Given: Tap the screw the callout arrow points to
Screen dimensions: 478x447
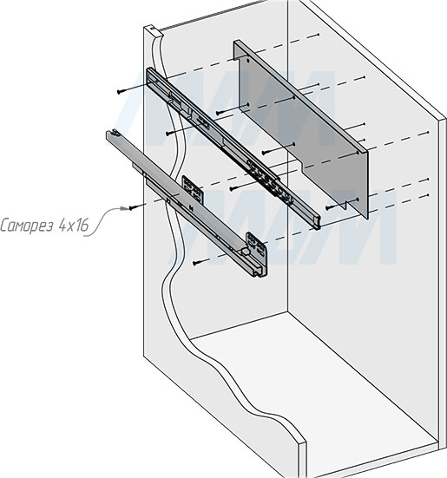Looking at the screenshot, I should tap(132, 207).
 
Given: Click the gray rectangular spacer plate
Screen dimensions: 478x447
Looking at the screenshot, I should tap(304, 130).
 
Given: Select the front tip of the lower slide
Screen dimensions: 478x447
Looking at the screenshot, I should tap(111, 135).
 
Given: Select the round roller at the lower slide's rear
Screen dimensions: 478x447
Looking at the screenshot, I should tap(247, 253).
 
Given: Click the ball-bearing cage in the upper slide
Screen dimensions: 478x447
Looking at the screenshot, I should tap(264, 173).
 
